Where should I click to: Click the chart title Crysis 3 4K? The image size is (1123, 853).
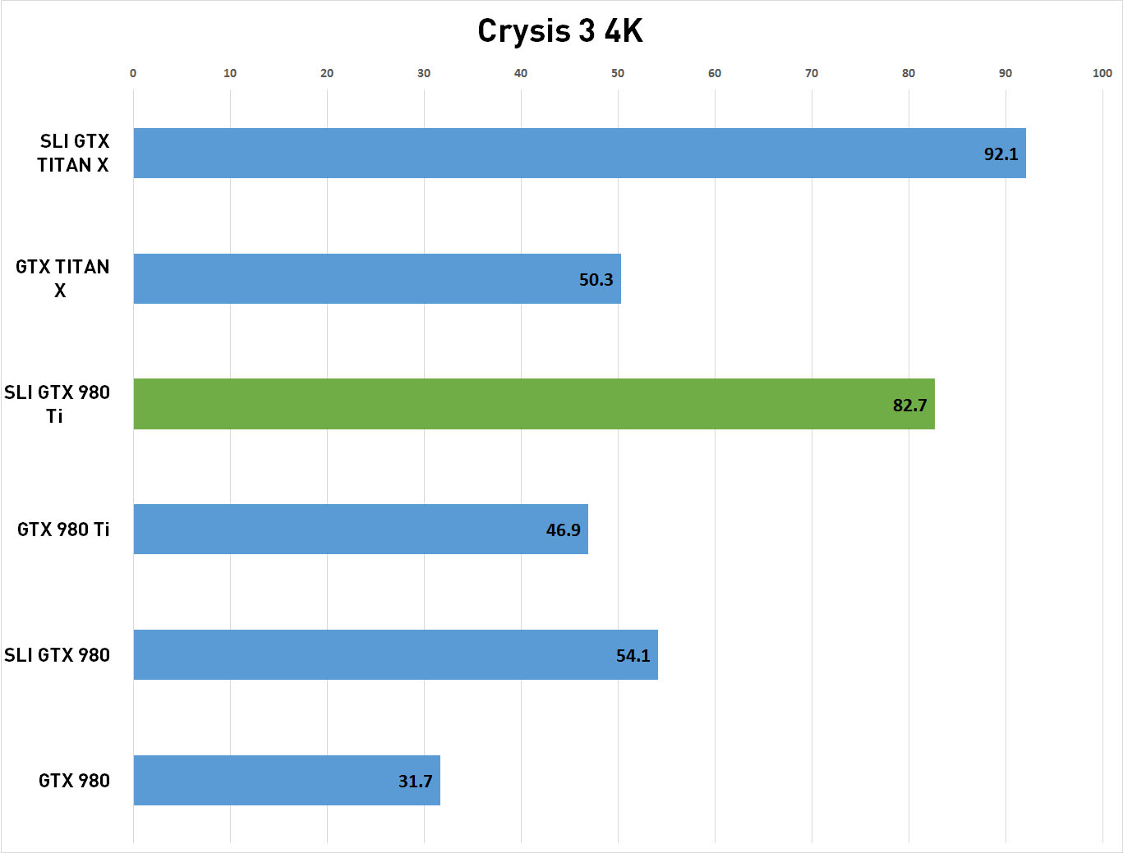560,31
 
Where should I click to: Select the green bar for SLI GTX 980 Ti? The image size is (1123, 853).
534,404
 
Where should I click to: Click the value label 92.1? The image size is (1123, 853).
1001,154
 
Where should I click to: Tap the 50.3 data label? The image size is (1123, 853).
596,280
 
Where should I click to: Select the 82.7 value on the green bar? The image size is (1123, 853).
909,405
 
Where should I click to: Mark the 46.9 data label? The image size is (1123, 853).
563,530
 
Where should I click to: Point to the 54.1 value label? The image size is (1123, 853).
633,655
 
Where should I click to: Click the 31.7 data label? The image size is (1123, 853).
415,781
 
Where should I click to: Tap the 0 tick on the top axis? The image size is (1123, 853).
133,73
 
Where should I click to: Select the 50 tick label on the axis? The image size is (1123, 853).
618,73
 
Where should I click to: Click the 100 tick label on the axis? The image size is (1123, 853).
1102,73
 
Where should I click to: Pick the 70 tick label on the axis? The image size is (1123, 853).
812,73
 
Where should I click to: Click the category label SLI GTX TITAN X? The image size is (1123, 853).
73,153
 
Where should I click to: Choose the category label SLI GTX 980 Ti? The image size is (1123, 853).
57,404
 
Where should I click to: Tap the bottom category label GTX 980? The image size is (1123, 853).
74,780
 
